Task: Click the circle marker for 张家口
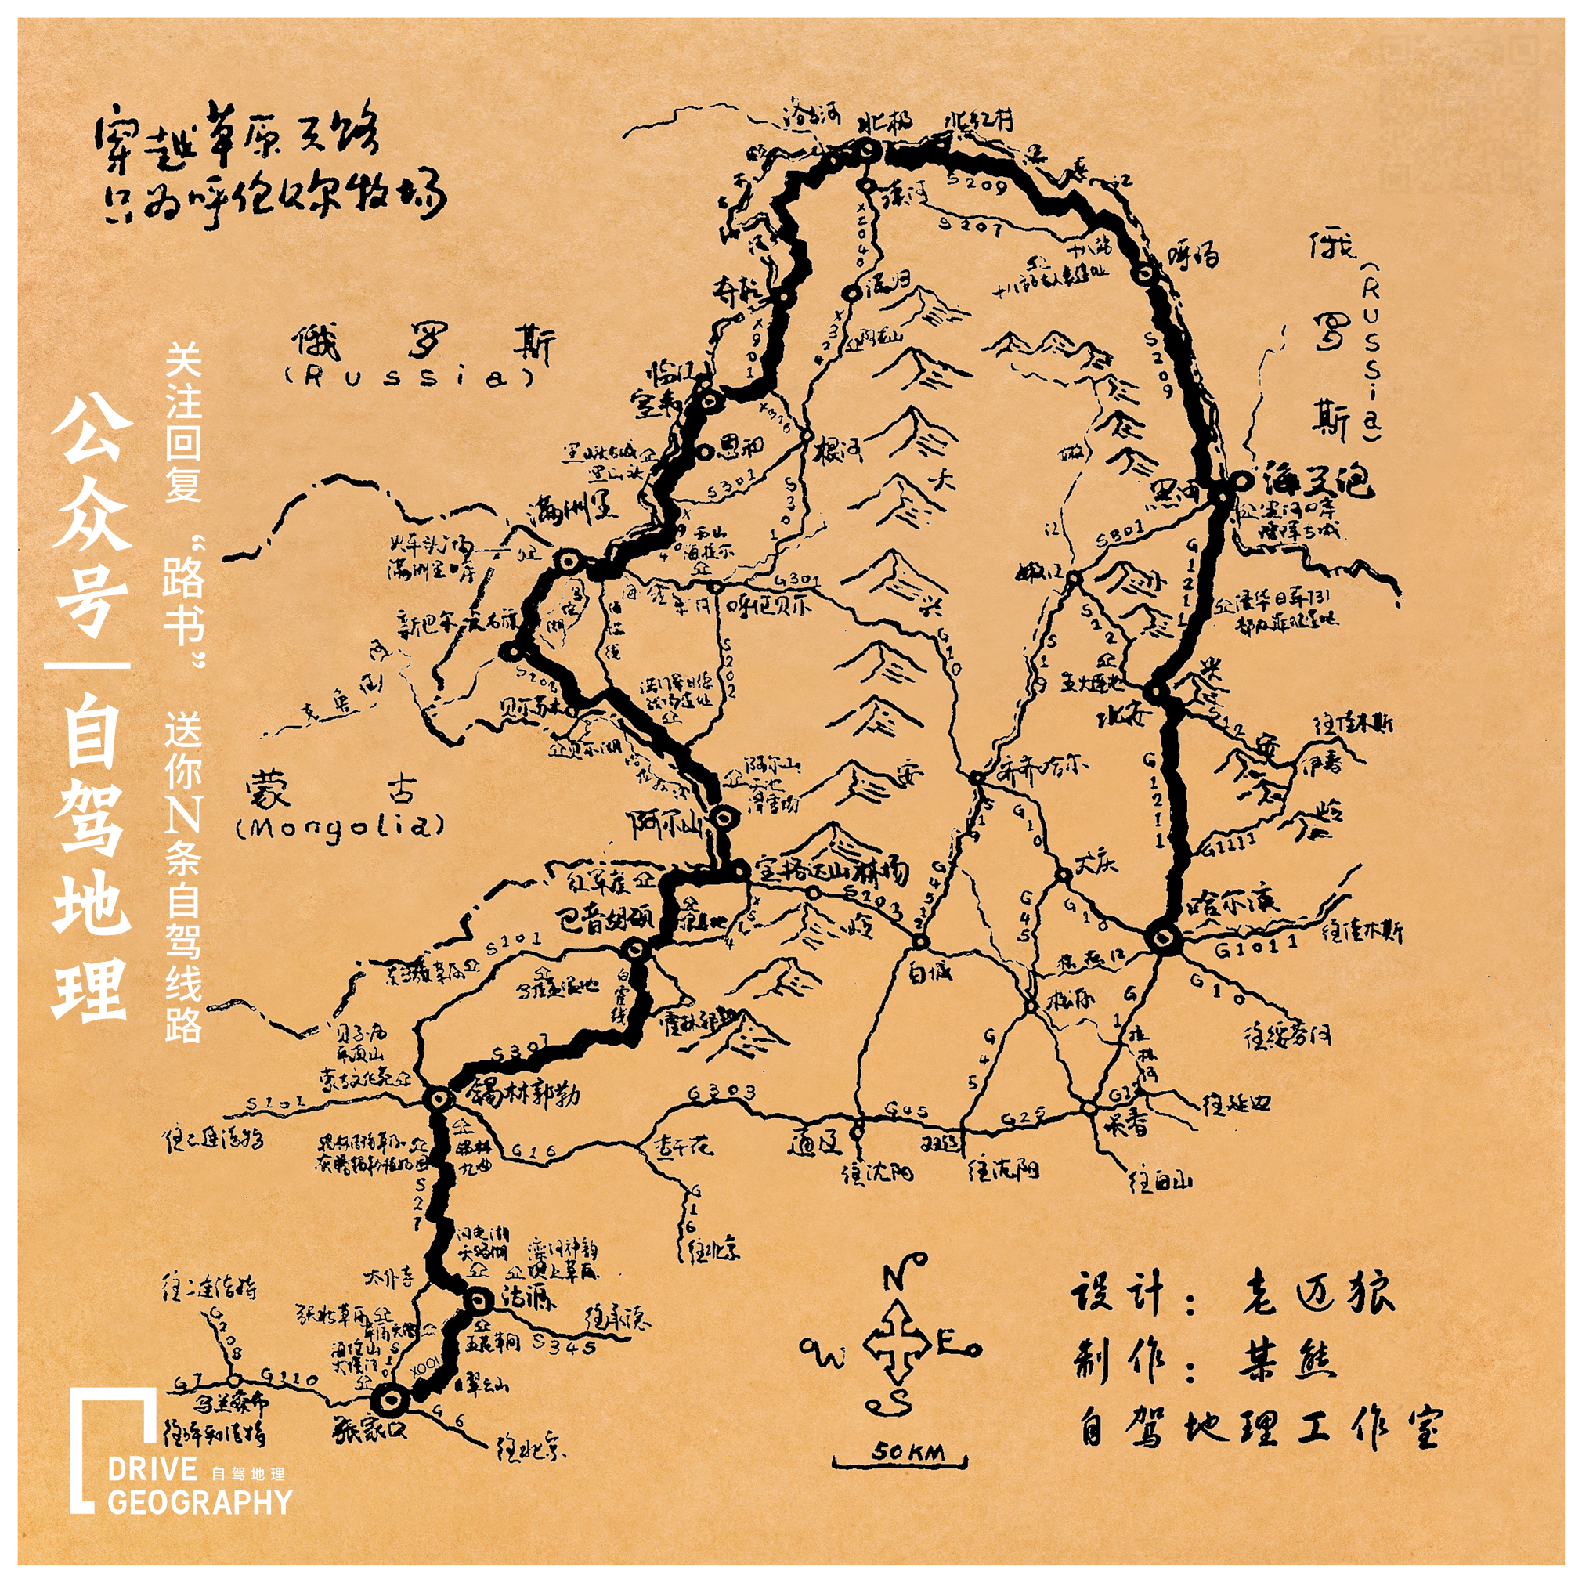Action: [x=389, y=1401]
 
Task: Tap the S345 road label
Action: [x=563, y=1344]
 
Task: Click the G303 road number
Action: [x=721, y=1093]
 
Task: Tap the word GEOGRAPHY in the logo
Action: [x=199, y=1502]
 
